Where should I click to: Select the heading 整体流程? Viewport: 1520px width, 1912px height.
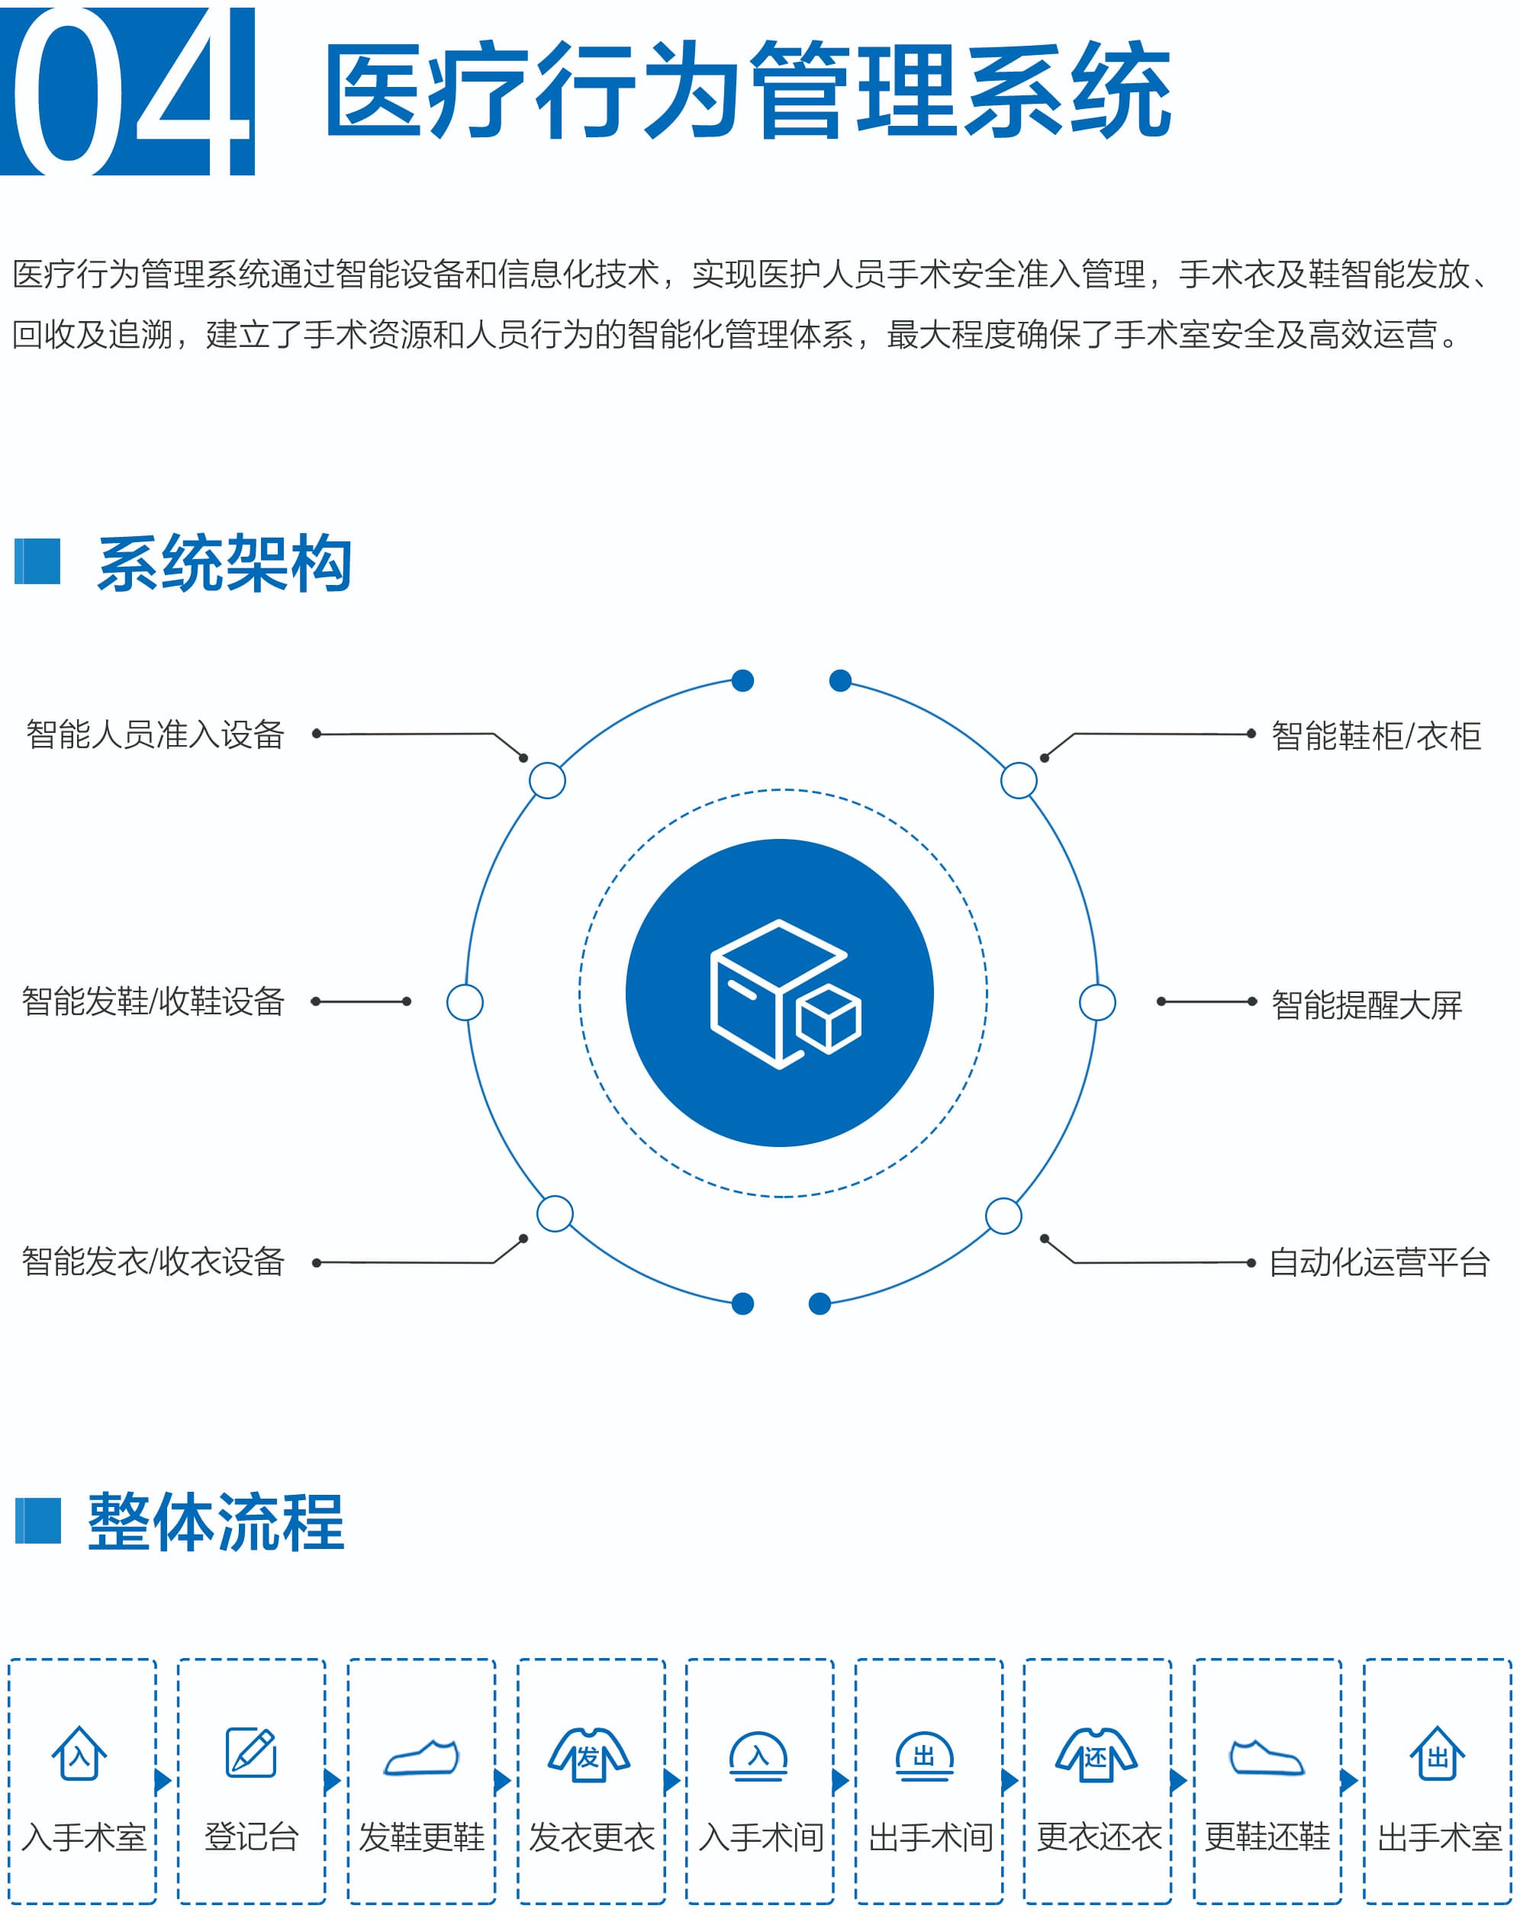click(x=217, y=1521)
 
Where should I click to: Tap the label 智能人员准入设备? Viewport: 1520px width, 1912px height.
click(x=156, y=734)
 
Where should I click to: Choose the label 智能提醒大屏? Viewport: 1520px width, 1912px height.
click(x=1367, y=1004)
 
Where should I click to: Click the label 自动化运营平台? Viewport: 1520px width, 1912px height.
click(x=1379, y=1262)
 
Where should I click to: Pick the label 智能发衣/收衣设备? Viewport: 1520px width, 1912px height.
click(x=153, y=1261)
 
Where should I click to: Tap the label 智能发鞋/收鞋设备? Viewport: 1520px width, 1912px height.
click(x=153, y=1001)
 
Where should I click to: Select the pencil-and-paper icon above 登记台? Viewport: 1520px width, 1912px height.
click(x=251, y=1753)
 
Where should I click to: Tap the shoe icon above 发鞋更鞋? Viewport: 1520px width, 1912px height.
click(x=421, y=1757)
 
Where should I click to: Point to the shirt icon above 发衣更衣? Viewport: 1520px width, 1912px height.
click(x=589, y=1754)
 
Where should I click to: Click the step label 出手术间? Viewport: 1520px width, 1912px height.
click(x=931, y=1836)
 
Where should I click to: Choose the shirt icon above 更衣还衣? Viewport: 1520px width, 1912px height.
click(x=1097, y=1754)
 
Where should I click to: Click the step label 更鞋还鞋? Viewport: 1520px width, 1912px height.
click(x=1267, y=1836)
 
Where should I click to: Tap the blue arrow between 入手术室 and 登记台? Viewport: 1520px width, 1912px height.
click(x=163, y=1781)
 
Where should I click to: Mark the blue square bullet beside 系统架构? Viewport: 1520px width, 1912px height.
click(x=37, y=561)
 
